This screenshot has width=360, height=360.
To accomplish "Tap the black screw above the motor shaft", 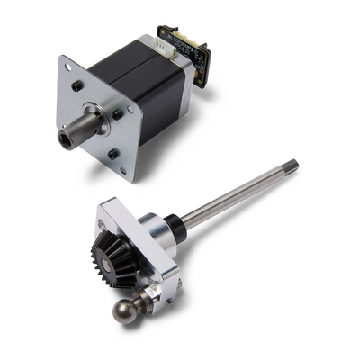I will point(77,87).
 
